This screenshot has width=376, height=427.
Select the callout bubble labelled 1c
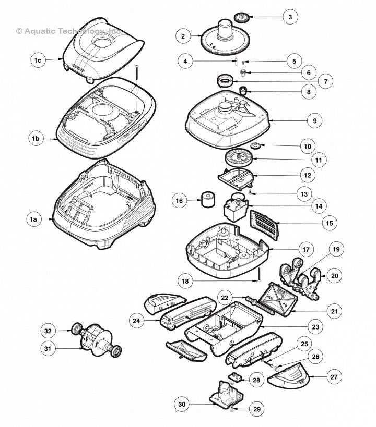[38, 61]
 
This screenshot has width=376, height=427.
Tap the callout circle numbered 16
[180, 200]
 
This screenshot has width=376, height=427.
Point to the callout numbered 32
[48, 331]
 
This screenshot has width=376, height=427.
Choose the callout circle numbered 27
[333, 376]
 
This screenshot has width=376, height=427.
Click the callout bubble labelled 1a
[33, 220]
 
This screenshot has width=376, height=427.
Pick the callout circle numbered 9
[314, 120]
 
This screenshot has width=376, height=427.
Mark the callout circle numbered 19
[336, 249]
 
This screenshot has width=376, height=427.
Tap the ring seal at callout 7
[225, 81]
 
